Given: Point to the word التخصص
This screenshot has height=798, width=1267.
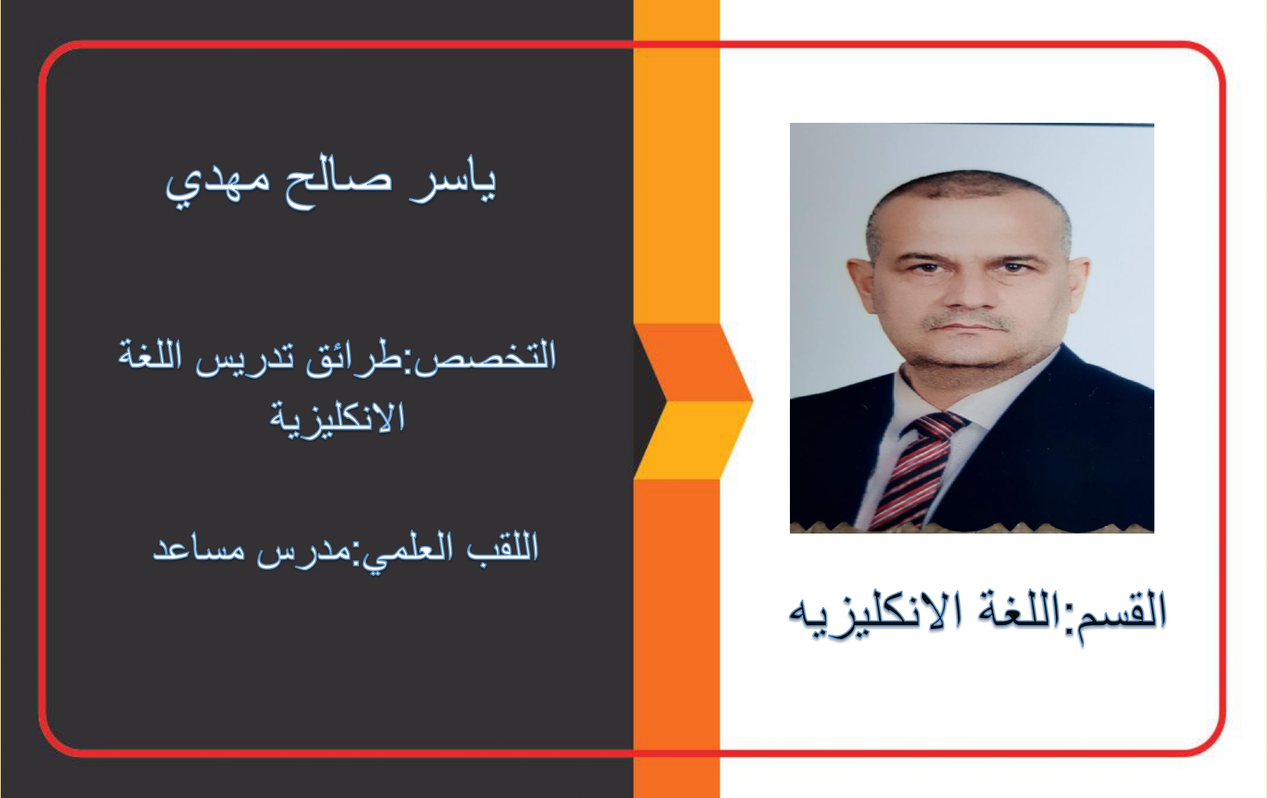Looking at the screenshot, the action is [486, 358].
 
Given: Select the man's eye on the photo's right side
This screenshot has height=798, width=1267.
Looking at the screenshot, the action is [1016, 266].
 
